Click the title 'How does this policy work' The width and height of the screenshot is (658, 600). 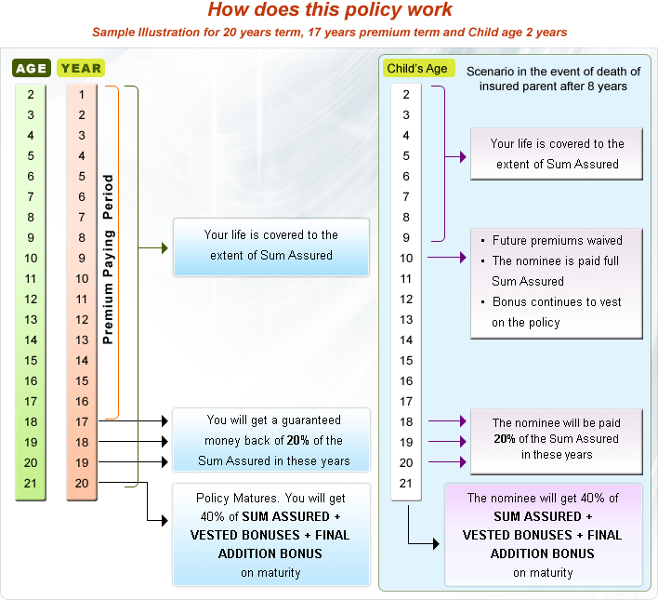[x=329, y=11]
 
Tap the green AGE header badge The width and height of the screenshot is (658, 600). [x=31, y=68]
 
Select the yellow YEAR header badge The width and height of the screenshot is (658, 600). [x=81, y=68]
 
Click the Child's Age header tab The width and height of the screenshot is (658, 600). [x=416, y=69]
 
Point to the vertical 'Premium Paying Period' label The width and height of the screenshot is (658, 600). [x=109, y=259]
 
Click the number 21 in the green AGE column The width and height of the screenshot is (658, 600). [x=31, y=483]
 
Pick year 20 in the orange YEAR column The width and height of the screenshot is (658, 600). [x=82, y=483]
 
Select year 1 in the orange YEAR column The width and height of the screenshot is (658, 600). [x=82, y=94]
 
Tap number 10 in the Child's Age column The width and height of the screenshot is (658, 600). [x=405, y=258]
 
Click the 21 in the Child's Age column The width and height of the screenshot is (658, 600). [x=405, y=483]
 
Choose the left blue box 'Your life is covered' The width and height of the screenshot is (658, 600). [x=270, y=246]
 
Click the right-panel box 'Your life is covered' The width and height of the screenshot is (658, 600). [x=557, y=153]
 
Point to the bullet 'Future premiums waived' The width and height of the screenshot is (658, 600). [x=557, y=240]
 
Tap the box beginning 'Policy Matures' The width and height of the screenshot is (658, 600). [x=270, y=534]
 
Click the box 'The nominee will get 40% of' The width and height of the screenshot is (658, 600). [x=543, y=534]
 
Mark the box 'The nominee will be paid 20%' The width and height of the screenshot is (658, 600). [x=556, y=439]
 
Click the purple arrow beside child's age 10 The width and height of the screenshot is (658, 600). [x=446, y=258]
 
